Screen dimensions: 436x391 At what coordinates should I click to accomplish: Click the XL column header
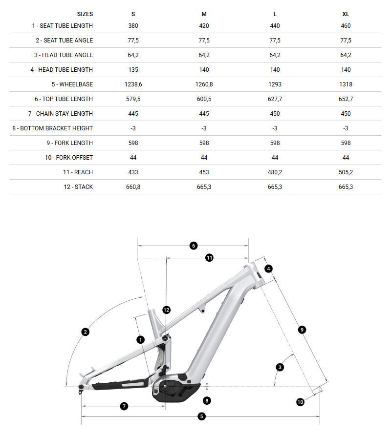346,14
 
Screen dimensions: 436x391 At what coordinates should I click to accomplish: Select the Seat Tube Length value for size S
133,26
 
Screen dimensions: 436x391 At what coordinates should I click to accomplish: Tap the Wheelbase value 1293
275,84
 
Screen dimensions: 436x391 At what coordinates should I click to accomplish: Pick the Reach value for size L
275,172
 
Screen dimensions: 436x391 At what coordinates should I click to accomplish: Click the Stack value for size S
133,187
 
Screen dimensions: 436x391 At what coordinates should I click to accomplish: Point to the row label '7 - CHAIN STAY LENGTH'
61,114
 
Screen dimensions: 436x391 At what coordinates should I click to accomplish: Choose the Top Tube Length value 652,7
346,99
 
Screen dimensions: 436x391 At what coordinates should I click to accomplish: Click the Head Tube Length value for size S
133,70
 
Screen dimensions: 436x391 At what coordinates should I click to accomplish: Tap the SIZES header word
85,14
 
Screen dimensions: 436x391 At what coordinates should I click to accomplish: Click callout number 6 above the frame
193,246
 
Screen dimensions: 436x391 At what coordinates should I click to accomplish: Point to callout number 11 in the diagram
209,257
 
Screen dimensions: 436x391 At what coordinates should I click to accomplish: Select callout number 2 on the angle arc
86,332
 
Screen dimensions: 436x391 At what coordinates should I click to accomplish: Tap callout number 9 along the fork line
302,330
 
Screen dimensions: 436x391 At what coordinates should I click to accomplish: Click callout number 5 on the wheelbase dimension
201,416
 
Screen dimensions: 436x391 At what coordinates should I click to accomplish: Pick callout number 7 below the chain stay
124,406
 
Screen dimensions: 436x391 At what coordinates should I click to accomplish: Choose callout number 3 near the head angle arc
280,367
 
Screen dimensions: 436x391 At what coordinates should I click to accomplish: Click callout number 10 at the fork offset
300,401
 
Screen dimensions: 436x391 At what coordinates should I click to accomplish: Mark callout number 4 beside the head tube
268,269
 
